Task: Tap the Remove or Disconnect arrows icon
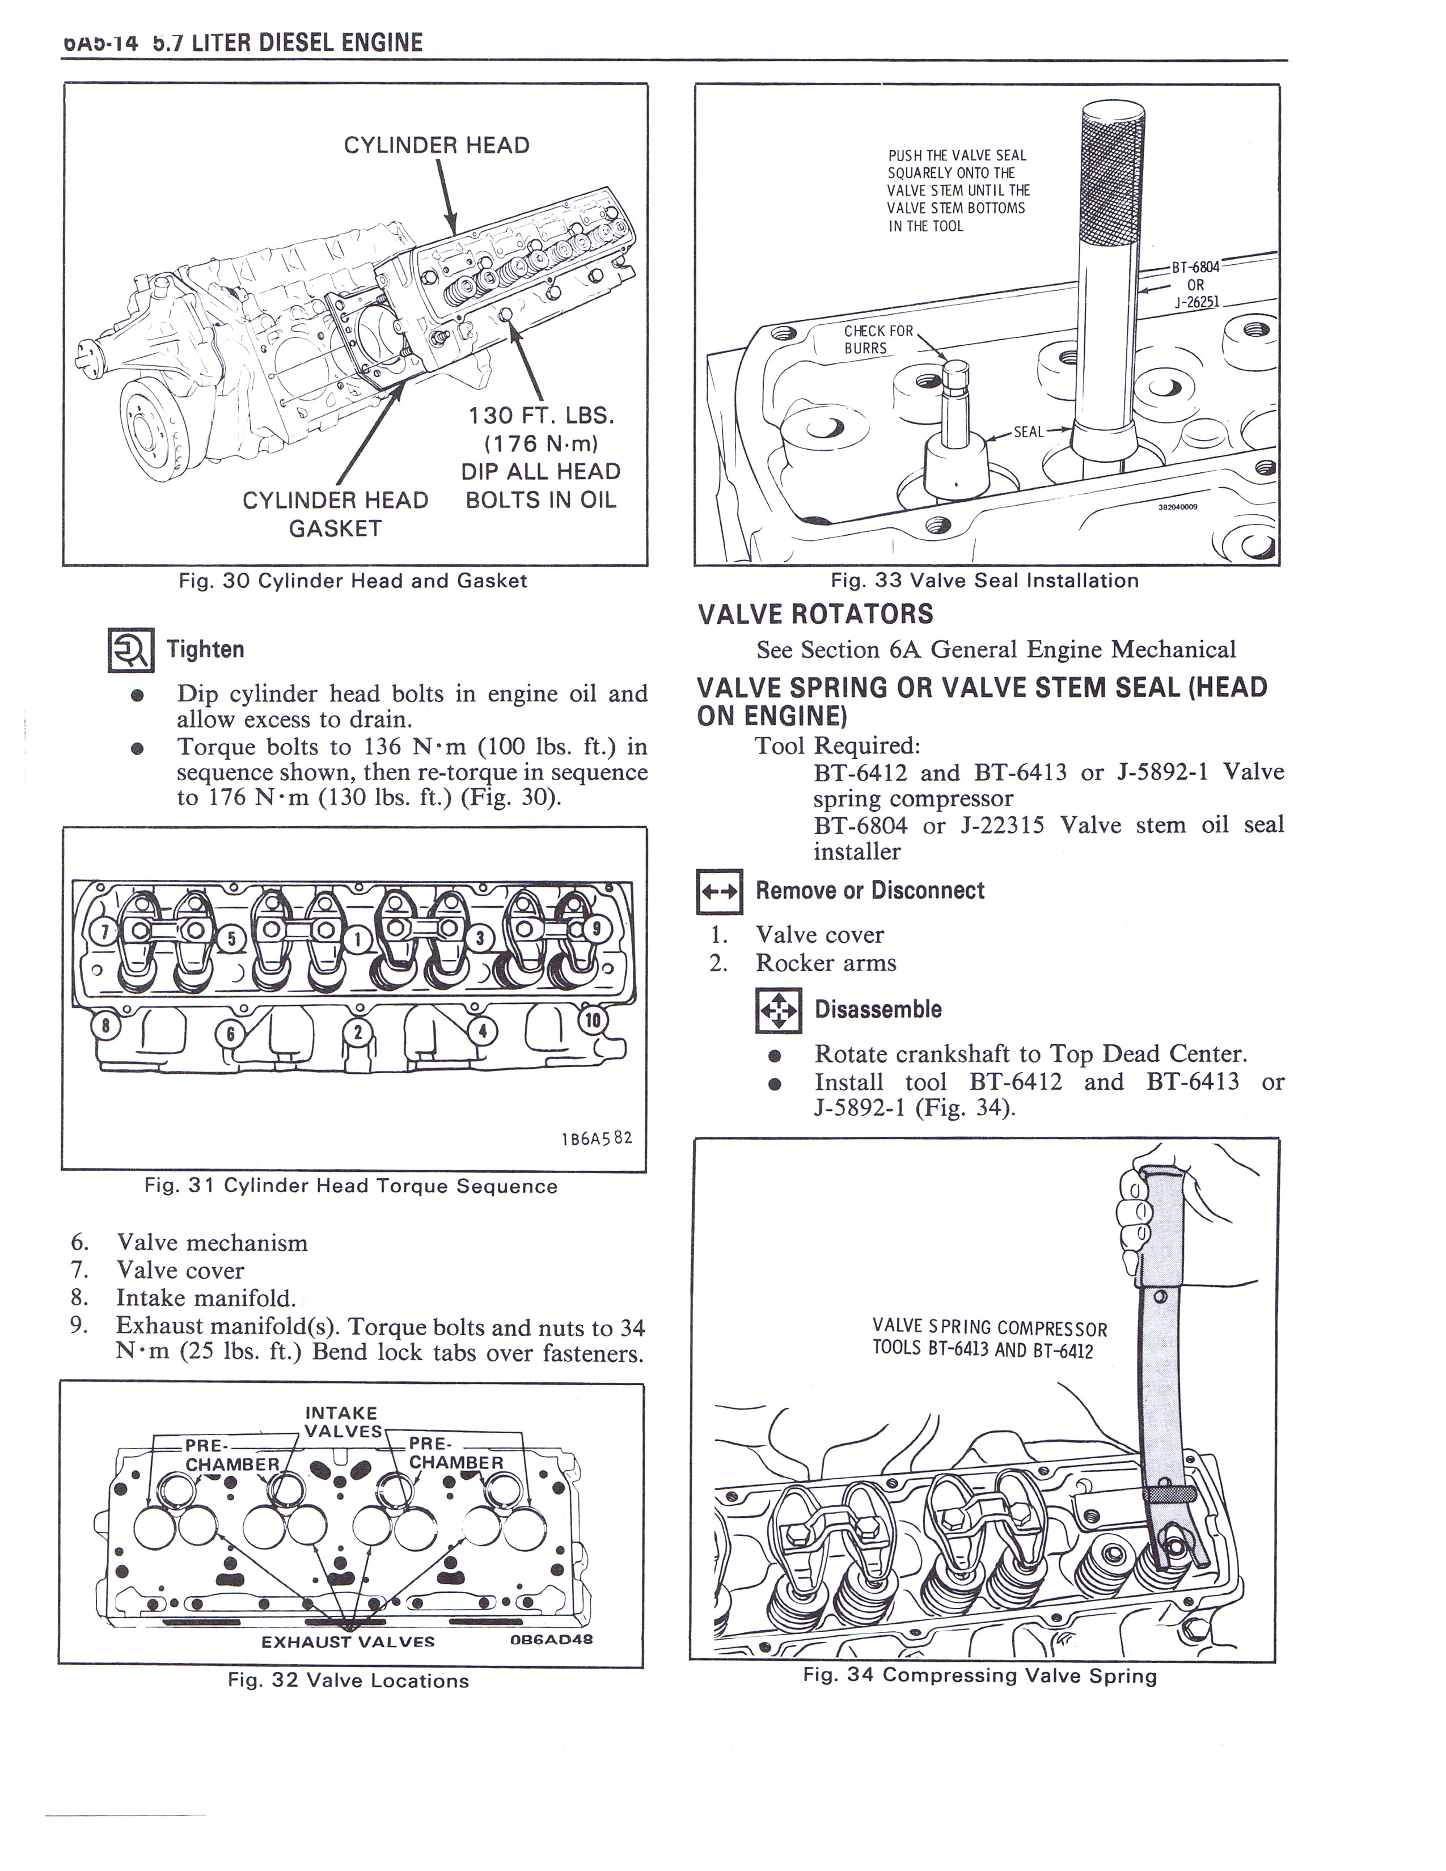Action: (x=720, y=892)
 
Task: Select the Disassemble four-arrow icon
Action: (x=779, y=1011)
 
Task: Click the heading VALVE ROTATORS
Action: (x=815, y=614)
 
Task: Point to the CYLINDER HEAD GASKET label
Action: (x=335, y=514)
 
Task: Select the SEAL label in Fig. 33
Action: (x=1028, y=432)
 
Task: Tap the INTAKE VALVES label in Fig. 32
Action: (x=342, y=1422)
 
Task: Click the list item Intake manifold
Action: (x=206, y=1298)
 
